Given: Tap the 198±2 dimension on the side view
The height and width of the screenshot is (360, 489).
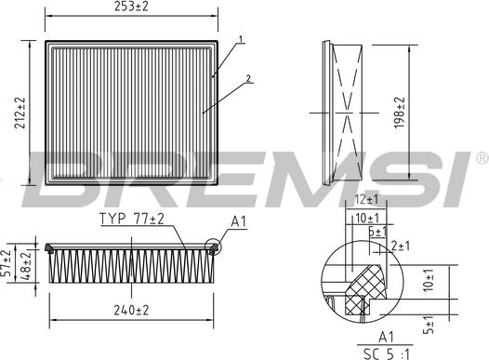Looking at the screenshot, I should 402,113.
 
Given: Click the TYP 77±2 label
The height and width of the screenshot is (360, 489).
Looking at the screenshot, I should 131,220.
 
